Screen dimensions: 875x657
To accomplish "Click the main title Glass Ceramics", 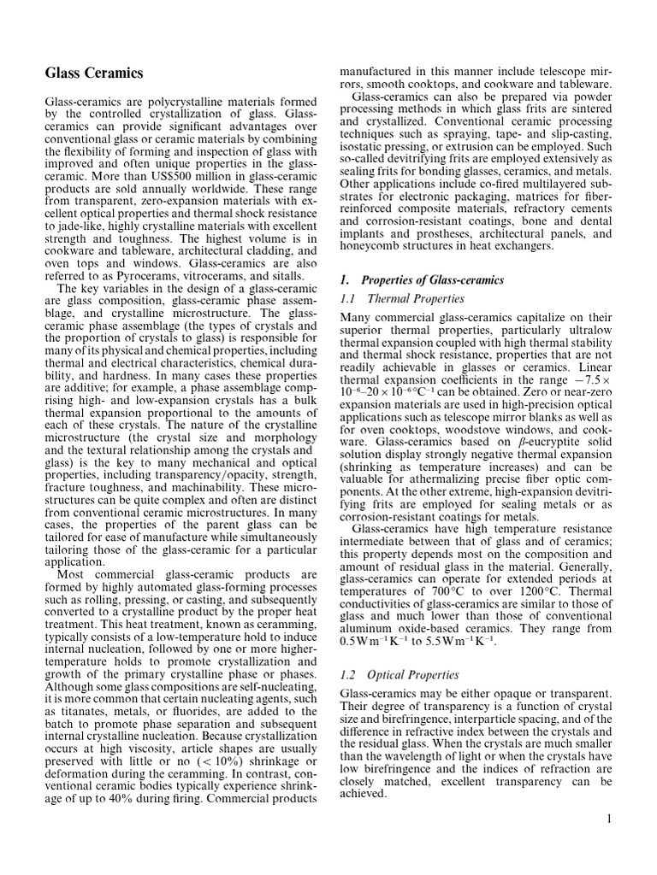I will coord(94,73).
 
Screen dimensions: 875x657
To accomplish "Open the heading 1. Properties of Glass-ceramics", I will coord(421,280).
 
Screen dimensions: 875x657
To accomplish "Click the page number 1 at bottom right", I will coord(609,819).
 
